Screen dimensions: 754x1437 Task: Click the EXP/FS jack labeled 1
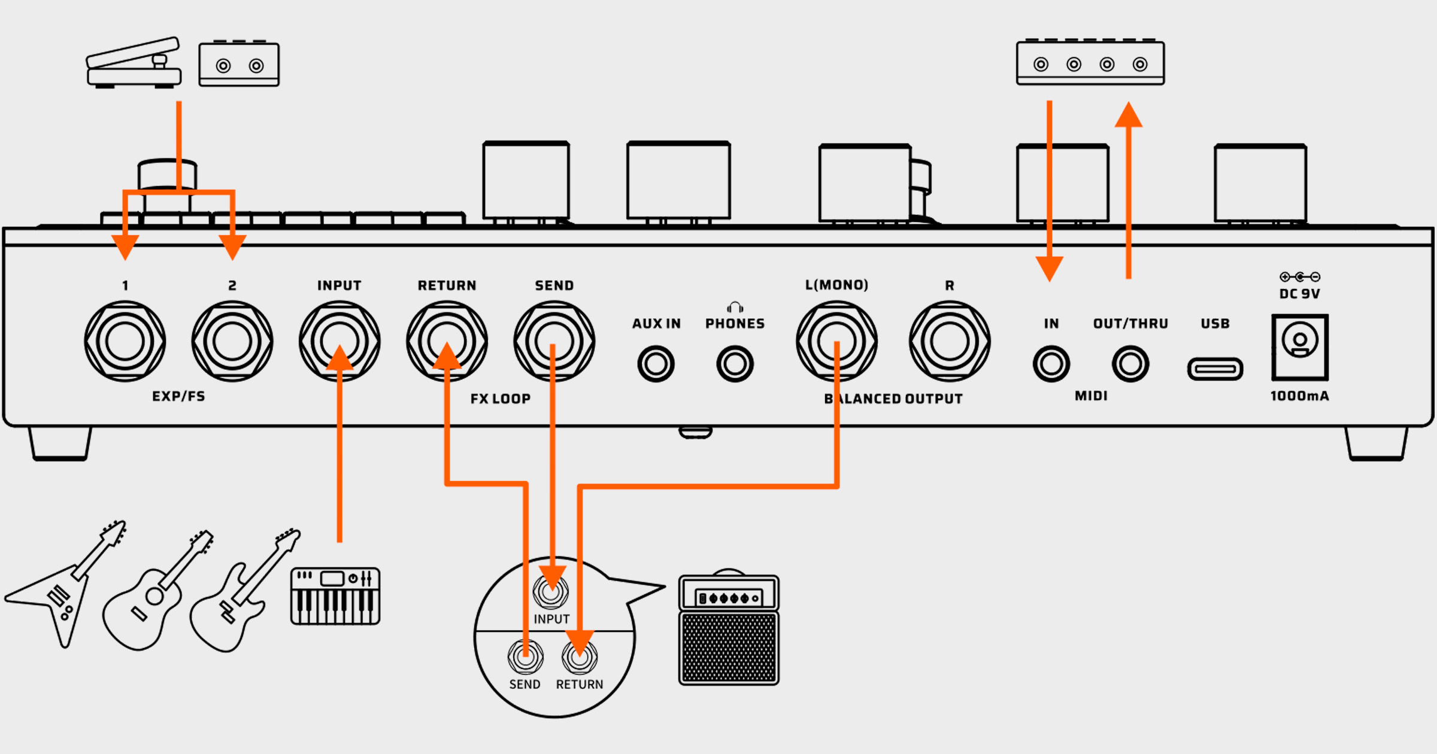point(125,341)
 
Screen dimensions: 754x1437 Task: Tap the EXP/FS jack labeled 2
point(232,341)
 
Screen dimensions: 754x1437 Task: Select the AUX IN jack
point(656,364)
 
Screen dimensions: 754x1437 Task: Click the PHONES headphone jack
point(735,364)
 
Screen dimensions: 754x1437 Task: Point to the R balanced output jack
point(949,341)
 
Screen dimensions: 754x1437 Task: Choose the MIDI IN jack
point(1051,364)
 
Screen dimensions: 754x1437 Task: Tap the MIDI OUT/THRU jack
point(1130,364)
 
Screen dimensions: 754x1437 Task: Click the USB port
point(1215,369)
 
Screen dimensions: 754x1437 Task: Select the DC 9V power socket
point(1300,347)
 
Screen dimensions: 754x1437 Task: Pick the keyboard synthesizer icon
point(335,597)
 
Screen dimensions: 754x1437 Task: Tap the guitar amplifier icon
point(729,630)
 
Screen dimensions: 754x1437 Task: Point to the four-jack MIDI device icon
point(1090,63)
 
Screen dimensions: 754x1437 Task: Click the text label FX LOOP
point(501,399)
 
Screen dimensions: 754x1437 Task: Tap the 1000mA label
point(1299,396)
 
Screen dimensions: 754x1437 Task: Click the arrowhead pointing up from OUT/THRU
point(1129,115)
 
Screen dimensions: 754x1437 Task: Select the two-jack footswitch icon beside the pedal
point(239,65)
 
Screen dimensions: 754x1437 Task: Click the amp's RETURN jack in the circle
point(579,657)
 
